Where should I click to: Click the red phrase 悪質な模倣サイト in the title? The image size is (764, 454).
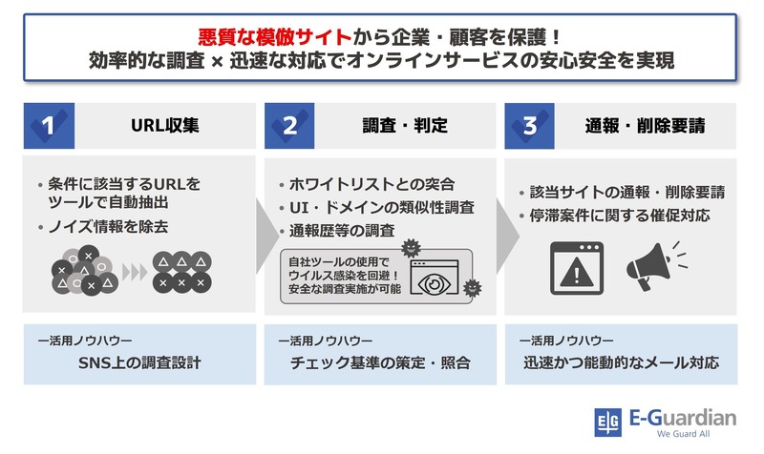pos(274,37)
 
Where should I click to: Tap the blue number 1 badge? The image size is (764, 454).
pos(50,126)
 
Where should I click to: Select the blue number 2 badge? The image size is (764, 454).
pos(289,126)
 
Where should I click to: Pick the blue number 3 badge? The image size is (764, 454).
pos(530,126)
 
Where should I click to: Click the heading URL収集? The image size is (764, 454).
pos(164,126)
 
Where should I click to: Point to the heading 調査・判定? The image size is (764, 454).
pos(405,126)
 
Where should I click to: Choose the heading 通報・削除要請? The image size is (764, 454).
pos(646,126)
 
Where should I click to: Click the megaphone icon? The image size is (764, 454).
pos(657,266)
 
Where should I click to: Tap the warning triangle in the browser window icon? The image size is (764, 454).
pos(577,273)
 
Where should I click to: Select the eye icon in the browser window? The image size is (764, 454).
pos(435,283)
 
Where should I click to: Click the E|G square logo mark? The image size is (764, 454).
pos(607,423)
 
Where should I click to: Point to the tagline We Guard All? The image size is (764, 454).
pos(683,434)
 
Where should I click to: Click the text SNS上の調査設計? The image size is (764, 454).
pos(139,362)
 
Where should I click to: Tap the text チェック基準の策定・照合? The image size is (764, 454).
pos(380,362)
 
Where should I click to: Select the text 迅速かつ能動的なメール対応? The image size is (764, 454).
pos(622,362)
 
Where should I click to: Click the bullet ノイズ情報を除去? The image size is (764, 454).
pos(108,227)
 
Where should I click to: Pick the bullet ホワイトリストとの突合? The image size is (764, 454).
pos(371,184)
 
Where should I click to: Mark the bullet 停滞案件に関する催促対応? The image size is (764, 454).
pos(620,216)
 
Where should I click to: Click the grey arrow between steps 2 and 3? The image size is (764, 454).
pos(508,236)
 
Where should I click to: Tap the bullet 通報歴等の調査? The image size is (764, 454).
pos(342,231)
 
